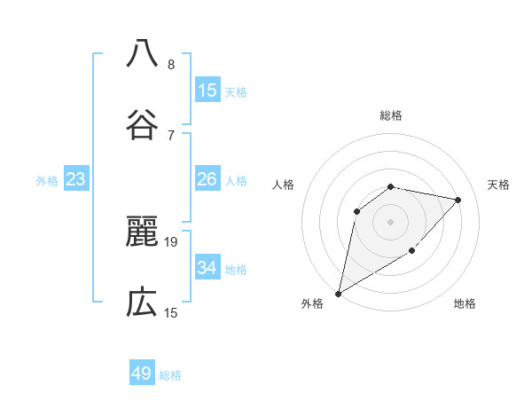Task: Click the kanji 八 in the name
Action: pos(142,53)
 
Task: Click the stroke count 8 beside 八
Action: pos(171,65)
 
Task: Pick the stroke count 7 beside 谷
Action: pos(171,135)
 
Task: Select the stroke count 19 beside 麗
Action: pos(172,241)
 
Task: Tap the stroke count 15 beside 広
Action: pos(172,312)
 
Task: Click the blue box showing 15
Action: pos(207,90)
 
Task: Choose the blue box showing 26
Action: pos(207,179)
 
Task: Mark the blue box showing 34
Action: pos(207,267)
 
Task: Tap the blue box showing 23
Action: pos(75,179)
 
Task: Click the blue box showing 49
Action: pos(142,374)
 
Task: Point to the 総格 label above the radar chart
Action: pos(391,115)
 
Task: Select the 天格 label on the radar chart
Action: pos(499,185)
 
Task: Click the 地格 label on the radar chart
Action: pos(465,303)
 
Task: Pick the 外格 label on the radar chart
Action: pos(312,303)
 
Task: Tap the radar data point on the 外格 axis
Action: pos(338,293)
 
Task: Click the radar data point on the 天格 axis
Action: pos(458,200)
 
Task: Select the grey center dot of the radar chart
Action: pos(390,221)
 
